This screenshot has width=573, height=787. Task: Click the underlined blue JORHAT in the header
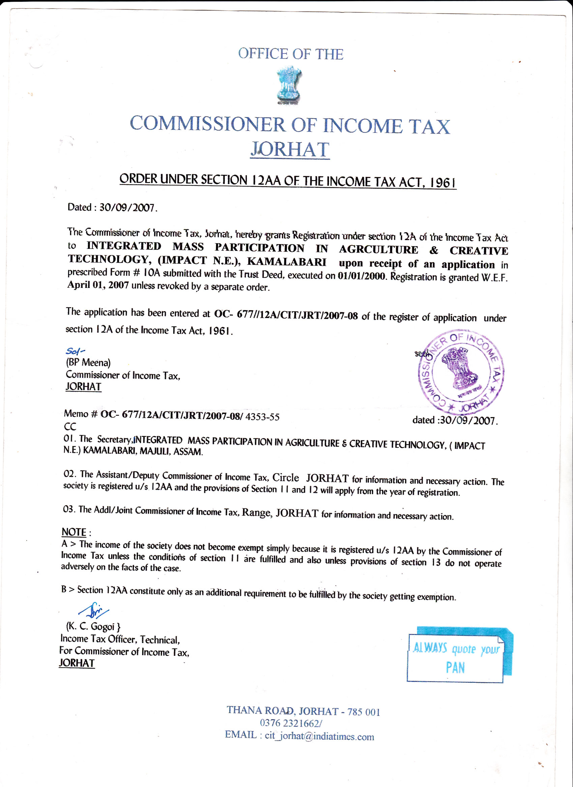(290, 150)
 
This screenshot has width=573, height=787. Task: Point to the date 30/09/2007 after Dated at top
(127, 207)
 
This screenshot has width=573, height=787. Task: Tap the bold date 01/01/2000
(361, 276)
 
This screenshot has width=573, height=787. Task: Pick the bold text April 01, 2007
(98, 285)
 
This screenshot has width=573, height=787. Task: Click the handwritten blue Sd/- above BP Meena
(75, 351)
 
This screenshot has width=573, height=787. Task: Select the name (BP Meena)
(88, 362)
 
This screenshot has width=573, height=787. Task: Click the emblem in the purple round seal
(460, 369)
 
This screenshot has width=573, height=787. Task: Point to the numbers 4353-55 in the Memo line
(262, 417)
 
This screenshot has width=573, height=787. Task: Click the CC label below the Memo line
(70, 427)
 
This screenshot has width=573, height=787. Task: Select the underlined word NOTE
(74, 532)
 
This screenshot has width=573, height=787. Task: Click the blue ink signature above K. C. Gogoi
(94, 611)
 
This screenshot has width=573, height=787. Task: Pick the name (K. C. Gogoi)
(93, 626)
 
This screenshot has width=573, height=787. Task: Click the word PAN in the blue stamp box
(455, 668)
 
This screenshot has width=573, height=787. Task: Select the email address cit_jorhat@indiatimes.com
(319, 736)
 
